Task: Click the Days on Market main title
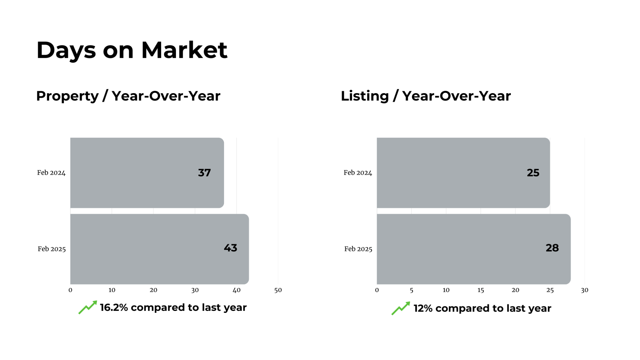[x=132, y=50]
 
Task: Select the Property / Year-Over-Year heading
[x=128, y=96]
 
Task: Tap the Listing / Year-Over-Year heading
[x=426, y=96]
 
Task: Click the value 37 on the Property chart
[x=204, y=173]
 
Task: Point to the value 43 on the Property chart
[x=230, y=248]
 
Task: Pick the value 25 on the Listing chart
[x=533, y=173]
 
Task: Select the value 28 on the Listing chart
[x=552, y=248]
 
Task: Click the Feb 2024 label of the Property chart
[x=51, y=173]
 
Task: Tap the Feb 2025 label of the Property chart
[x=52, y=249]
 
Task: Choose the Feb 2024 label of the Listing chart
[x=358, y=173]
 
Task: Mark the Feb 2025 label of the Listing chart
[x=358, y=249]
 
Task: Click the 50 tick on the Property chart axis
[x=278, y=290]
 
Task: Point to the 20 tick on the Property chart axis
[x=153, y=290]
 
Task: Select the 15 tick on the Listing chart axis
[x=481, y=290]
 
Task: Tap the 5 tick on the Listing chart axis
[x=411, y=290]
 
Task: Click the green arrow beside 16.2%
[x=88, y=307]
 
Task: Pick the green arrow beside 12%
[x=401, y=308]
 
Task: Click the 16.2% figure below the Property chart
[x=114, y=308]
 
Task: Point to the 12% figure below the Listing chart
[x=423, y=308]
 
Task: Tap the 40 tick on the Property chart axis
[x=237, y=290]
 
